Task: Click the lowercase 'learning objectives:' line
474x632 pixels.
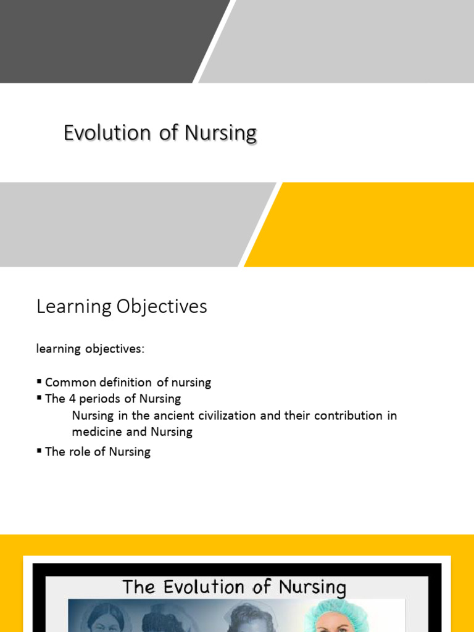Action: point(90,349)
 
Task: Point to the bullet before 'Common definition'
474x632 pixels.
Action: point(39,382)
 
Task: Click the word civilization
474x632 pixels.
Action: point(225,415)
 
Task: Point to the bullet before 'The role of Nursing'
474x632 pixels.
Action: point(39,451)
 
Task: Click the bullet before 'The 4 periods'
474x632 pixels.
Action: point(39,399)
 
